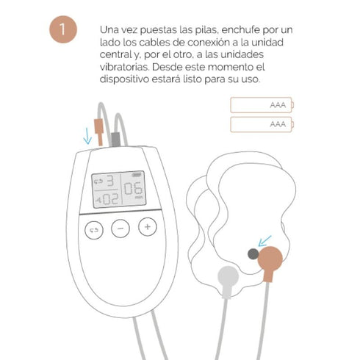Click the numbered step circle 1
(x=65, y=29)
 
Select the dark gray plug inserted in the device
(x=115, y=137)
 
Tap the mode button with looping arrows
(x=93, y=228)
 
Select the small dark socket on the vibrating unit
(x=253, y=253)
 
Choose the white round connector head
(x=227, y=277)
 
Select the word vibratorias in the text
(x=121, y=67)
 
